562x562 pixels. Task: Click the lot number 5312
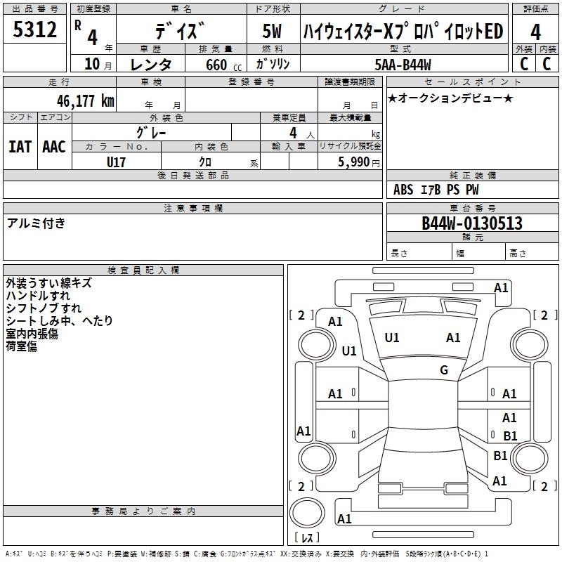pyautogui.click(x=34, y=30)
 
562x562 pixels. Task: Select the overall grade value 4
pyautogui.click(x=535, y=32)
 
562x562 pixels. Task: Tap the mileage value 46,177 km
pyautogui.click(x=86, y=101)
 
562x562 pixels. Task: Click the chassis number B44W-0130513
pyautogui.click(x=472, y=223)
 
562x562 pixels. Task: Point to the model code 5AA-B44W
pyautogui.click(x=403, y=65)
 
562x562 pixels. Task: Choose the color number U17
pyautogui.click(x=116, y=162)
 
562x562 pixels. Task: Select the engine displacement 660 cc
pyautogui.click(x=223, y=65)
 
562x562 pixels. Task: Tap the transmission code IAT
pyautogui.click(x=20, y=147)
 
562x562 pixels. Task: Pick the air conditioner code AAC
pyautogui.click(x=54, y=147)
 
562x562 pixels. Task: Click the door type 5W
pyautogui.click(x=272, y=31)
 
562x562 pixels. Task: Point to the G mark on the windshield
pyautogui.click(x=444, y=370)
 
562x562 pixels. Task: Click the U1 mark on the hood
pyautogui.click(x=391, y=338)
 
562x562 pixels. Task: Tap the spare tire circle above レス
pyautogui.click(x=307, y=512)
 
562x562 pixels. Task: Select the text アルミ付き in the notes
pyautogui.click(x=36, y=223)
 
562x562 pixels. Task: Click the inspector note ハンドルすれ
pyautogui.click(x=38, y=296)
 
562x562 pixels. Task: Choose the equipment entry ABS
pyautogui.click(x=403, y=190)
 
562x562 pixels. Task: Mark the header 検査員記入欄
pyautogui.click(x=143, y=270)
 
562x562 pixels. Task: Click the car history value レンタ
pyautogui.click(x=151, y=65)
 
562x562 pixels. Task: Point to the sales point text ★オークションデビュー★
pyautogui.click(x=450, y=98)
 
